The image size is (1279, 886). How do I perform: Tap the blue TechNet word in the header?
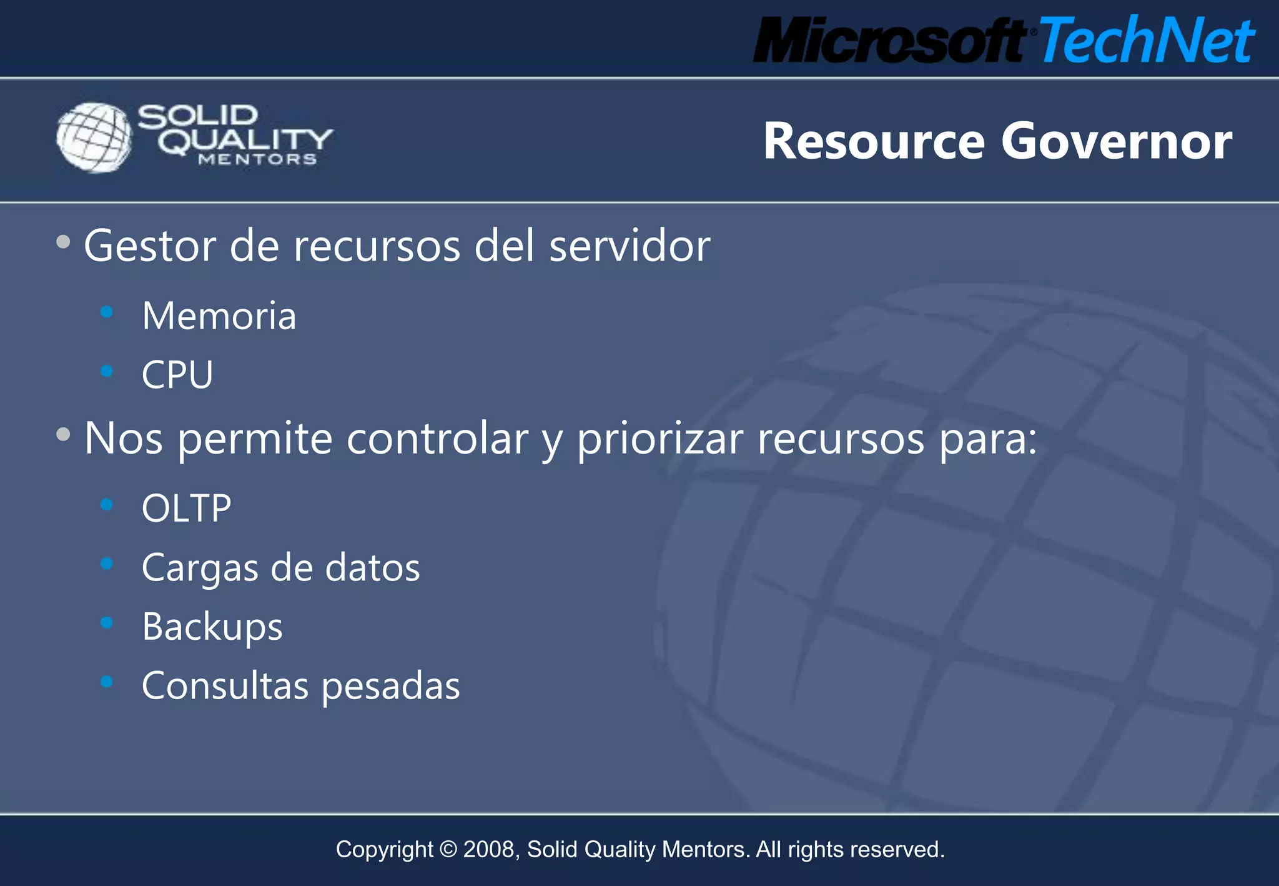(1147, 41)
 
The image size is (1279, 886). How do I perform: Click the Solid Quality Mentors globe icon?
(94, 137)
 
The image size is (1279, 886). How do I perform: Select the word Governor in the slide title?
(1117, 141)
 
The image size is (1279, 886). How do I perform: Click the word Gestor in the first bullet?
(150, 246)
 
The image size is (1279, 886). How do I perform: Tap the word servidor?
(630, 246)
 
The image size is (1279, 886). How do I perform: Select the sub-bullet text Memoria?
(219, 316)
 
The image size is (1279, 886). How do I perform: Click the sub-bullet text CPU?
(177, 375)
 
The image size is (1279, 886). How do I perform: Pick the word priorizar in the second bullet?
(659, 439)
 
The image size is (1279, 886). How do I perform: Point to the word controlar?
(437, 439)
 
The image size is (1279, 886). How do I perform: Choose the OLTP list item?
(186, 508)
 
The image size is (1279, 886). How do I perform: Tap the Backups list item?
(212, 627)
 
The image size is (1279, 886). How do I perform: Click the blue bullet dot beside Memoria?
(107, 311)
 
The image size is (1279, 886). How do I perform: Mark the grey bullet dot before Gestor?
(63, 242)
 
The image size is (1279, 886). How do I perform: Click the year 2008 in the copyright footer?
(490, 850)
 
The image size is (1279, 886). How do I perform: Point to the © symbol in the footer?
(448, 850)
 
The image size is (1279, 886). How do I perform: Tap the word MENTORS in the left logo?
(257, 160)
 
